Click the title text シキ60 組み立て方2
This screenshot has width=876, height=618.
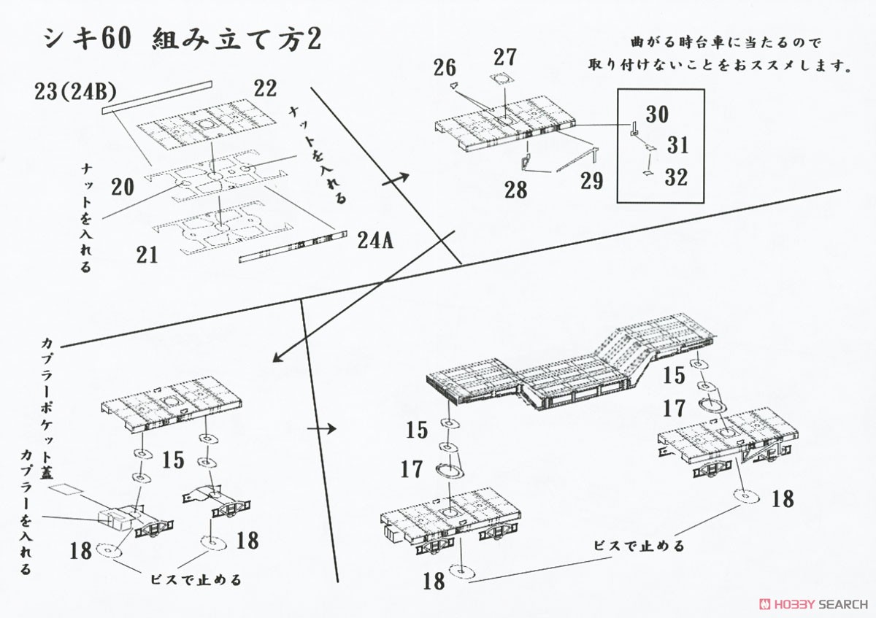pos(182,39)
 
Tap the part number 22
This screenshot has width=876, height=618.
pos(265,88)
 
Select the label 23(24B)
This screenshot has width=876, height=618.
pos(75,92)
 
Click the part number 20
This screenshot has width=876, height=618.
pos(123,187)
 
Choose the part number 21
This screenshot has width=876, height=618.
pos(147,255)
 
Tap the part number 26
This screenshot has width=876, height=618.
pos(445,68)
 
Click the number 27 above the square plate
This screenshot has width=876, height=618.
pos(505,57)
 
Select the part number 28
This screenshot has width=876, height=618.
pos(516,190)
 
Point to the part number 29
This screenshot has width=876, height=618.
pos(592,181)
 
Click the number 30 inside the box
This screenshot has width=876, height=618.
pos(657,114)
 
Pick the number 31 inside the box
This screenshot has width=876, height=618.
pos(677,145)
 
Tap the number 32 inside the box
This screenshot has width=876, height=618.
pos(676,177)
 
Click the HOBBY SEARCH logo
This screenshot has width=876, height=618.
pos(813,604)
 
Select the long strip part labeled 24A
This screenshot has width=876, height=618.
pos(293,247)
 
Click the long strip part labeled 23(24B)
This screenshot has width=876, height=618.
pos(157,97)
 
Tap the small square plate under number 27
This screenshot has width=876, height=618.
pos(502,79)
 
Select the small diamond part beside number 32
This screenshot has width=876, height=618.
pos(648,173)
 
